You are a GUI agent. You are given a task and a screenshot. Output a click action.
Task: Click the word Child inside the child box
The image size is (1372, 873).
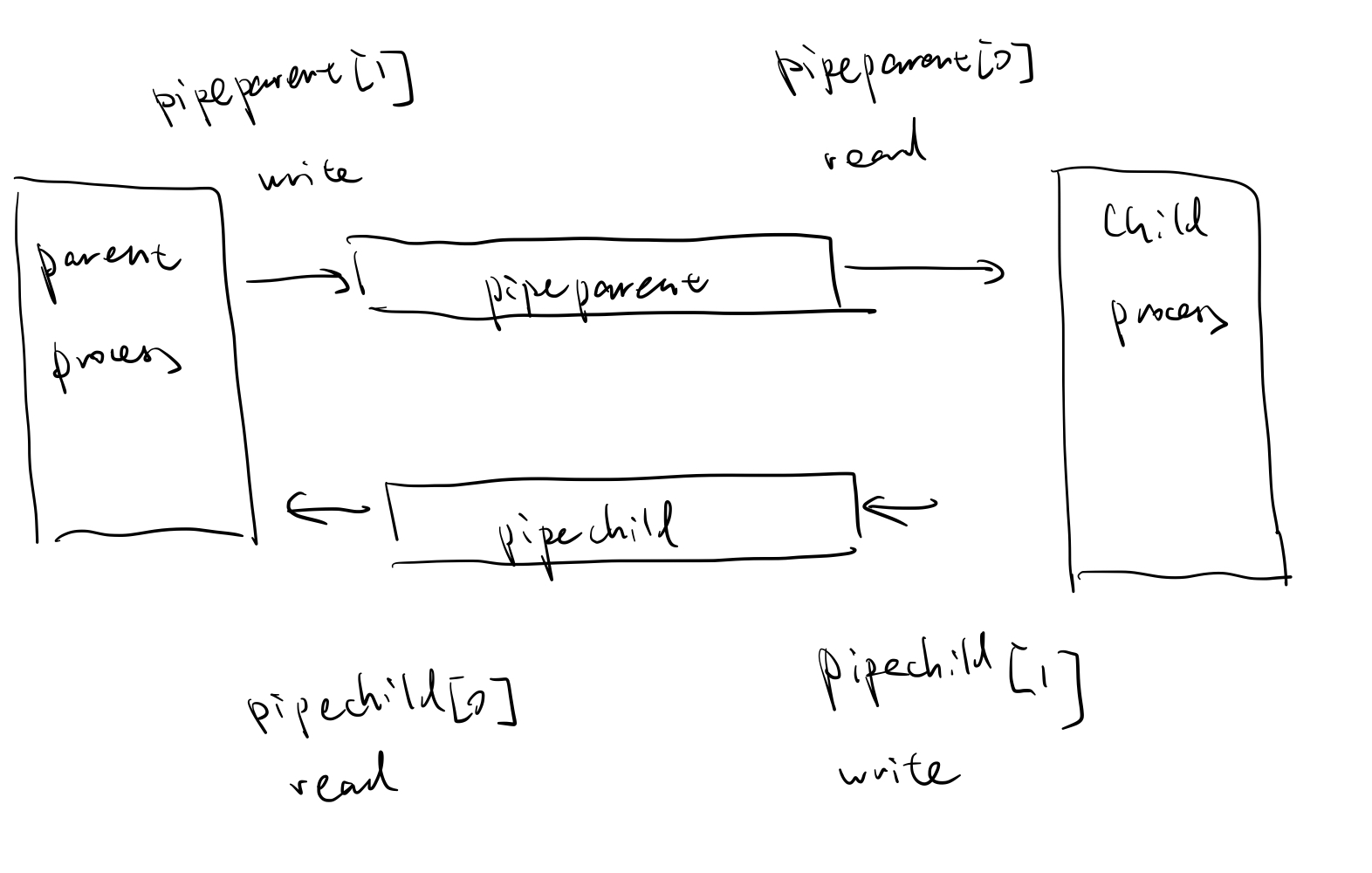coord(1154,220)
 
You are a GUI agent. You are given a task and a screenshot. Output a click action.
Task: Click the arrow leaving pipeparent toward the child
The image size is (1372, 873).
coord(924,270)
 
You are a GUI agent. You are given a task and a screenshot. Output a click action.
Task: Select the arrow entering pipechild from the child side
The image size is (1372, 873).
coord(899,508)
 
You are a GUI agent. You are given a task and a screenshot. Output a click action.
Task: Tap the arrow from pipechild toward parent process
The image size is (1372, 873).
coord(328,508)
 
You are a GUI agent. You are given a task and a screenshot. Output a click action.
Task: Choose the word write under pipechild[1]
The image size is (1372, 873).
coord(898,773)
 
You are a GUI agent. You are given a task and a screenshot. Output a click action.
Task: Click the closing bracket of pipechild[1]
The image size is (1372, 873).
coord(1074,690)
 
